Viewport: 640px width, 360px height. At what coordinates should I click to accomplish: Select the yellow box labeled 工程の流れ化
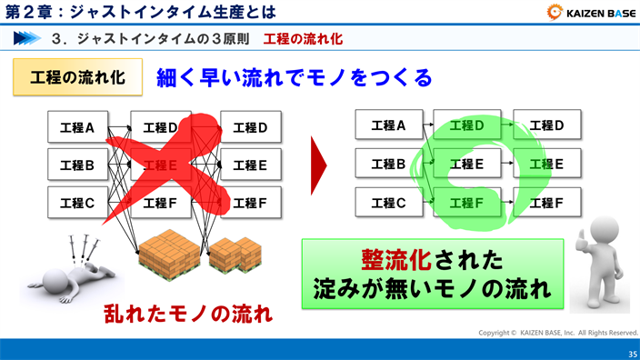pos(77,77)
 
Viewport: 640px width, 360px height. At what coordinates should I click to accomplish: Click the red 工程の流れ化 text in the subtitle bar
pos(303,39)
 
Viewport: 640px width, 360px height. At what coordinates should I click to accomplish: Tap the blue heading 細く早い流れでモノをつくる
pos(294,78)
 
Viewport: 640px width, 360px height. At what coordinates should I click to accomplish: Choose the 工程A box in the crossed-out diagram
pos(77,127)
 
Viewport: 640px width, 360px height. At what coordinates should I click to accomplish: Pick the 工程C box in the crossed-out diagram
pos(77,204)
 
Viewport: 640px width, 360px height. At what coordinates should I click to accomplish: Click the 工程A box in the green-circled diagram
pos(385,125)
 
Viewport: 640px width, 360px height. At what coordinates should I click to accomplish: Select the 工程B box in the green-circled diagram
pos(385,165)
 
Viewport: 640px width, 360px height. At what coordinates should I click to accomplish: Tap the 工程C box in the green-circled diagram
pos(385,203)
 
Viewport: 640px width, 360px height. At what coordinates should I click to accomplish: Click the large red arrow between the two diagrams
pos(318,165)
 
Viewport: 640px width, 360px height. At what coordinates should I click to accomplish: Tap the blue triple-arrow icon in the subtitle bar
pos(27,39)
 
